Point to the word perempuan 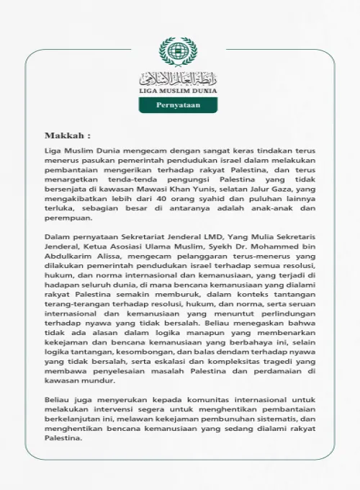68,218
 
